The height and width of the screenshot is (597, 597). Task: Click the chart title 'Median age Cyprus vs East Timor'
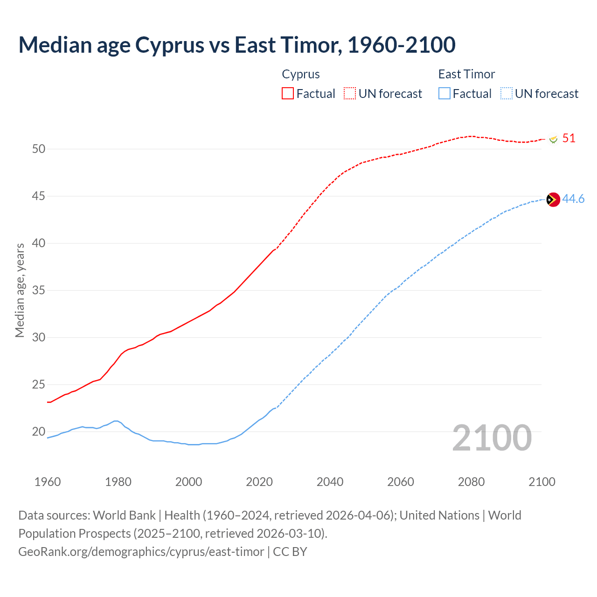tap(236, 45)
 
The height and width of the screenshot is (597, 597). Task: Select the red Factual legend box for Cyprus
tap(288, 93)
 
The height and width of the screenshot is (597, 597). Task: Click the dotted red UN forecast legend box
tap(350, 93)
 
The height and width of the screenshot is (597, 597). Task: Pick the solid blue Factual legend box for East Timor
tap(444, 93)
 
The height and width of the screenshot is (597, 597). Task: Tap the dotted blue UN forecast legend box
tap(506, 93)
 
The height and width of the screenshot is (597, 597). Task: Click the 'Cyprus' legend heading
tap(301, 74)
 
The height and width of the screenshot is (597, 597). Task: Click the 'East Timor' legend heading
tap(466, 74)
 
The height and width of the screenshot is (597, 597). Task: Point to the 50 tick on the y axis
tap(39, 149)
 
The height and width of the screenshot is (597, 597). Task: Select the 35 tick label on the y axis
tap(39, 291)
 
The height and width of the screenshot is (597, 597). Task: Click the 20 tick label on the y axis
tap(39, 431)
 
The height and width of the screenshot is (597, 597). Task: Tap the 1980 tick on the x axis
tap(118, 482)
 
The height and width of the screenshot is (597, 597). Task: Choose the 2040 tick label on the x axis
tap(330, 482)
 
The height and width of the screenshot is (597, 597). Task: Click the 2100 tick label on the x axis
tap(542, 482)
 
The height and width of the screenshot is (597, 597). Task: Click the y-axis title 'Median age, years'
tap(20, 290)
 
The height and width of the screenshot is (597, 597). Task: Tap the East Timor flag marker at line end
tap(553, 200)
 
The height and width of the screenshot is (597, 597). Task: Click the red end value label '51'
tap(569, 139)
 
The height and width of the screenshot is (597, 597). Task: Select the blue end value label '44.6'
tap(573, 199)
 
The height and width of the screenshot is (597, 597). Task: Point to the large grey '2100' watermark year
tap(492, 437)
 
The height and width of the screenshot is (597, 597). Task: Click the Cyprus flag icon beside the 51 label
tap(554, 139)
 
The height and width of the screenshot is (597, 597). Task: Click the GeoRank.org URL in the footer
tap(141, 552)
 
